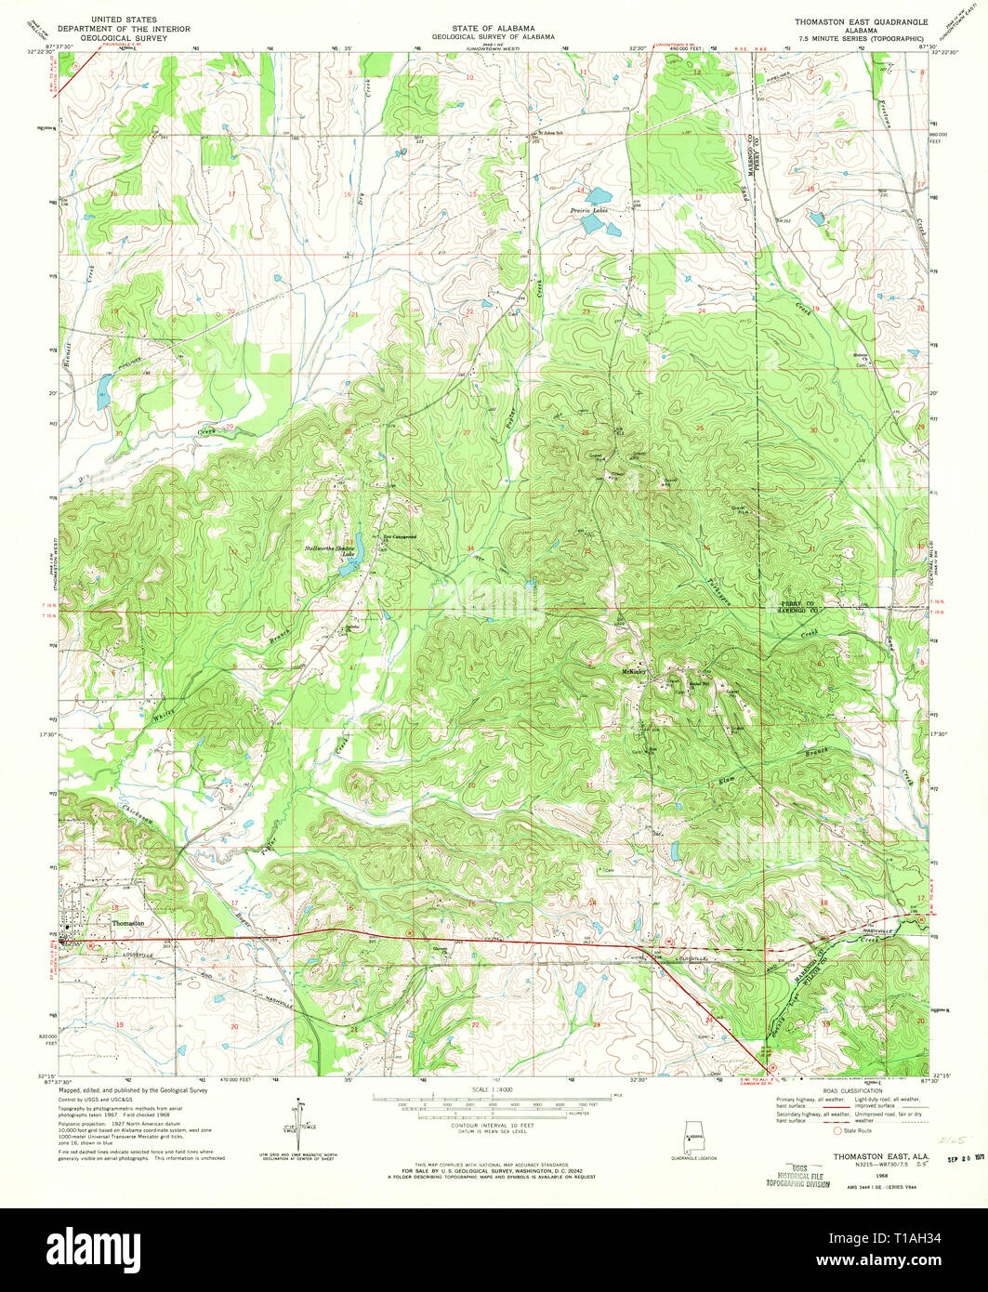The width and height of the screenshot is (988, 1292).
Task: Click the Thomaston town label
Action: [128, 923]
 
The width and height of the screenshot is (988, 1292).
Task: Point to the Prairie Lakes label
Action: [588, 211]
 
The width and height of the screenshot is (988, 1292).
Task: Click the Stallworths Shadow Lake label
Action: [331, 551]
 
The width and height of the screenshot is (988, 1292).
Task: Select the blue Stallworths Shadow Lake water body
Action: [346, 567]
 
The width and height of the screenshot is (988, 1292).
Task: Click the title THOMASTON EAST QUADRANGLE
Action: [848, 20]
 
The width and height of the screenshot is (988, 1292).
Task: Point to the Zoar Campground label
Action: [399, 537]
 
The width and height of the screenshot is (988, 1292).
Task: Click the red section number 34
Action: [470, 547]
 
